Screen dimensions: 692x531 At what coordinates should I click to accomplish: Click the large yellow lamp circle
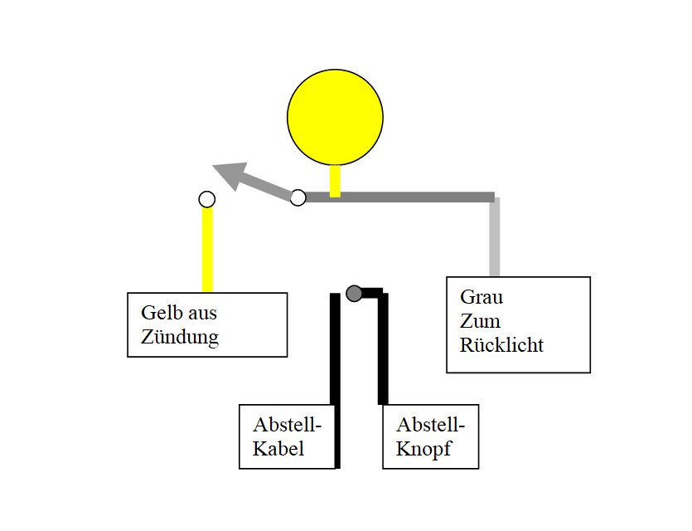coord(335,117)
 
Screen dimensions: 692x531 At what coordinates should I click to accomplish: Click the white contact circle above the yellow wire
coord(207,199)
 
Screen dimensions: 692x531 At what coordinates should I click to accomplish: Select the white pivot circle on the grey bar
coord(298,197)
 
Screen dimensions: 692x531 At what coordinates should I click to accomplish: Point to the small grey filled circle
coord(354,293)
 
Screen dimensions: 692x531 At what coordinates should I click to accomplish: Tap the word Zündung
coord(180,337)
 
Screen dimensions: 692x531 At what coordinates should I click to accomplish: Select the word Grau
coord(481,297)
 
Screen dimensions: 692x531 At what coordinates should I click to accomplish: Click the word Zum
coord(480,321)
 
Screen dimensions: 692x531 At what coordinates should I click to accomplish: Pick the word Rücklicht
coord(501,345)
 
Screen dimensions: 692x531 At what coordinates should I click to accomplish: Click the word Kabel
coord(278,449)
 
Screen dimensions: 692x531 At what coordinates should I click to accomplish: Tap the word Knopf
coord(423,449)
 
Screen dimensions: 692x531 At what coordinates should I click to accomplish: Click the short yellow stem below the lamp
coord(335,181)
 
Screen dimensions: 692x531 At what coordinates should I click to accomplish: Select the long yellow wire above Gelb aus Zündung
coord(207,250)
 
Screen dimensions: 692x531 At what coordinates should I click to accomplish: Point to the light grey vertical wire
coord(495,236)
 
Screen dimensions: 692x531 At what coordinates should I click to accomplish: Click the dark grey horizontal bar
coord(399,197)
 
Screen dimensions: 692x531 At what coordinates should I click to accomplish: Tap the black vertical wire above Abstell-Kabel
coord(336,380)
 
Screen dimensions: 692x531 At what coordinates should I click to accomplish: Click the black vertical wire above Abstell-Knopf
coord(383,348)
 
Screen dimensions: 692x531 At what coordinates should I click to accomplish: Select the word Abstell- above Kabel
coord(288,425)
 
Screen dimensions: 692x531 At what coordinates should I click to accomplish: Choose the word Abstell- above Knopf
coord(431,425)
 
